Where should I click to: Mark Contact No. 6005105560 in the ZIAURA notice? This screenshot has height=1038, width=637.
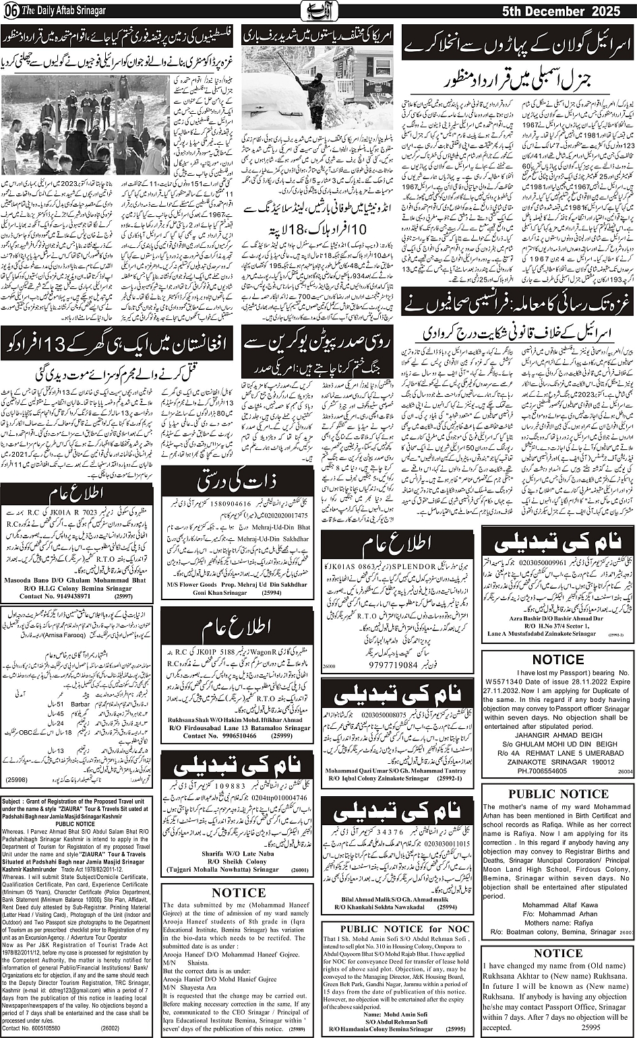(31, 1029)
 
